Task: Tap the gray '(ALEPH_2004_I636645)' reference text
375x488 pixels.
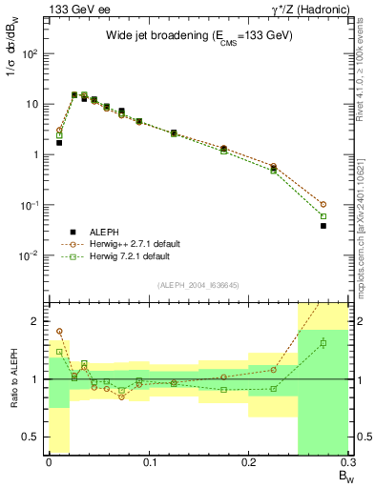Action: [198, 285]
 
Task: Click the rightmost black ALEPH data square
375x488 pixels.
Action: [323, 226]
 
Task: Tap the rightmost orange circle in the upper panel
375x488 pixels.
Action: [323, 204]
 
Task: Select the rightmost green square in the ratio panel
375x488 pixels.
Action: [323, 343]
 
